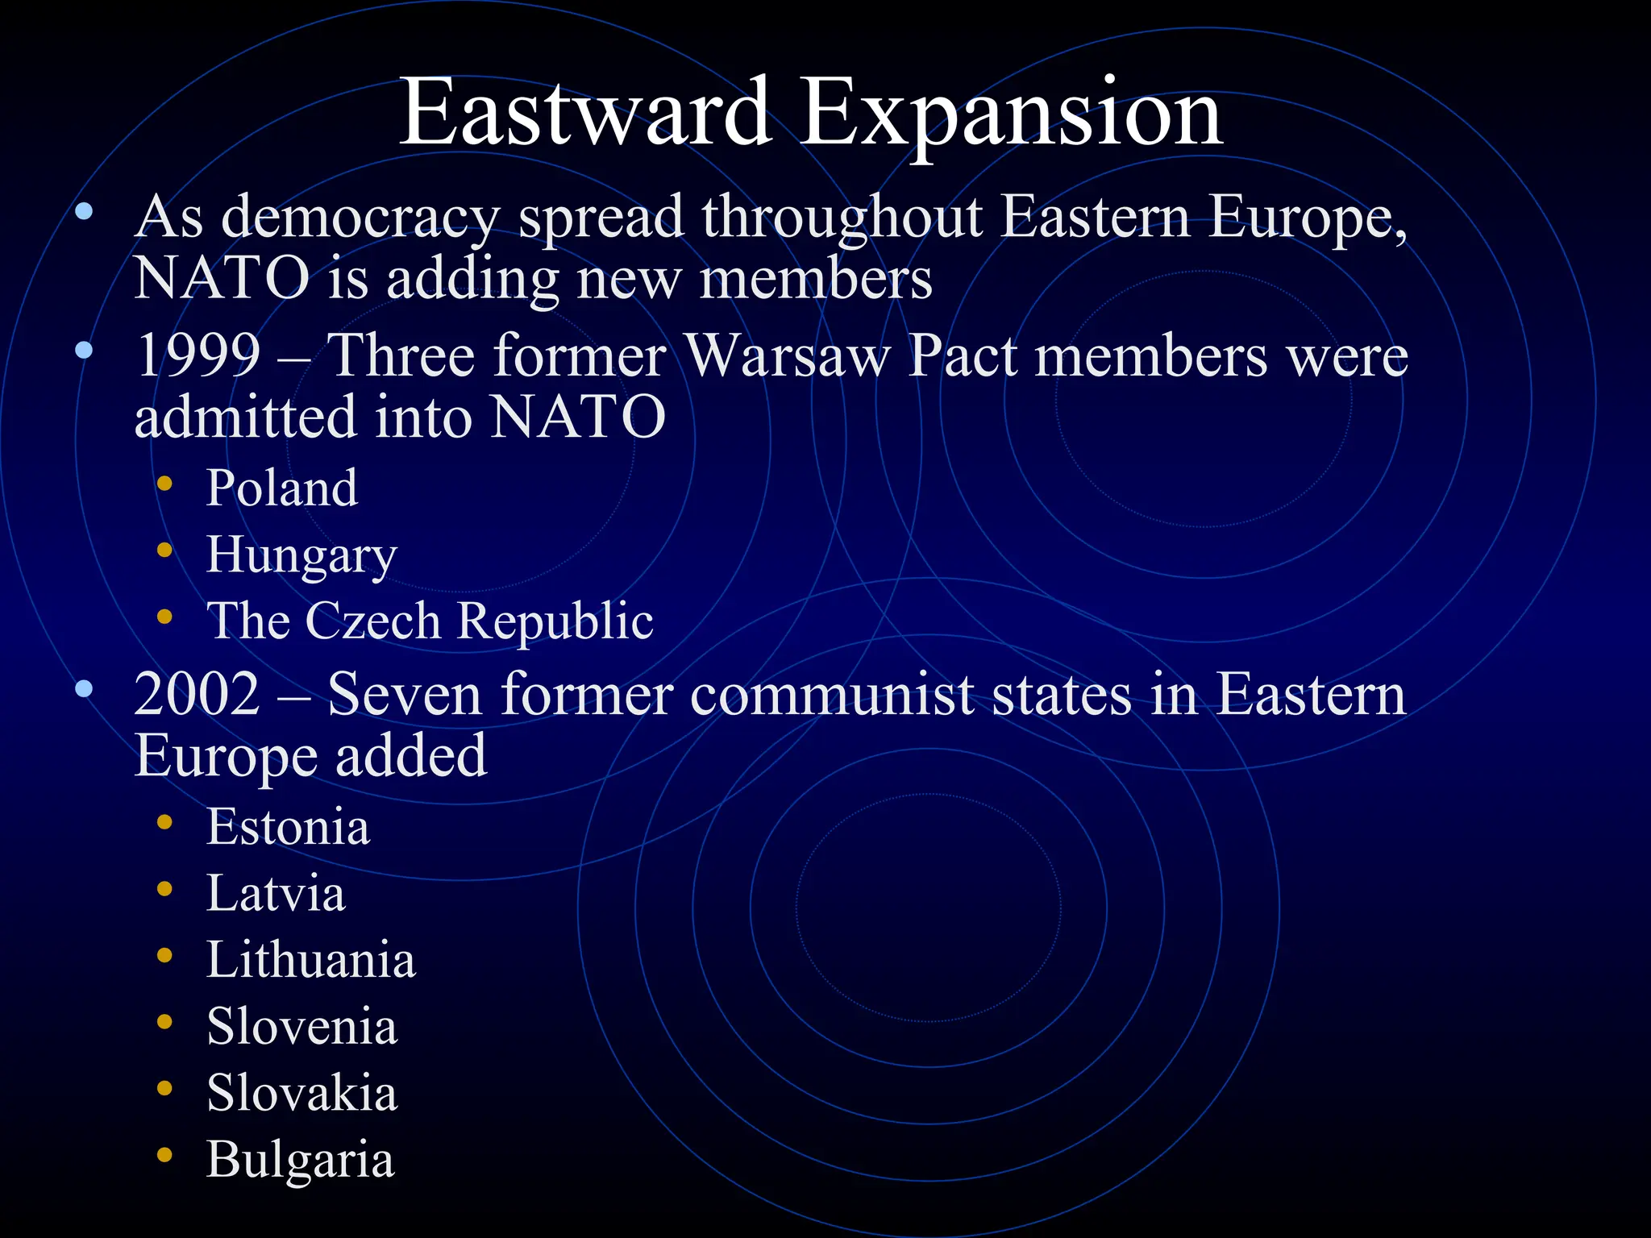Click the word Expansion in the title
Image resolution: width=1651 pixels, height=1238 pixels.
click(x=1011, y=113)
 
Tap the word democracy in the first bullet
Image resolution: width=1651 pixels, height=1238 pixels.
click(x=360, y=218)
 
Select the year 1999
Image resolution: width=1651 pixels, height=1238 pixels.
click(x=198, y=355)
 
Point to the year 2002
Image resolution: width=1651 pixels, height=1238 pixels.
click(x=198, y=694)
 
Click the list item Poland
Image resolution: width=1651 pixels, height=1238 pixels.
click(x=282, y=488)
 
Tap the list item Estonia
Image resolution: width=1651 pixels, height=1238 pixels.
click(x=288, y=827)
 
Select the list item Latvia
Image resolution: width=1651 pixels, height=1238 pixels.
click(x=276, y=894)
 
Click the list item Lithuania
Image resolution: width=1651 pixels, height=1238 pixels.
click(x=311, y=960)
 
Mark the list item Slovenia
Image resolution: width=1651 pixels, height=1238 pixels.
click(x=302, y=1027)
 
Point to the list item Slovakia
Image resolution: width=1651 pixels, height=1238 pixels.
click(x=302, y=1094)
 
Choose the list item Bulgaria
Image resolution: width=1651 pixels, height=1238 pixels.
click(x=300, y=1161)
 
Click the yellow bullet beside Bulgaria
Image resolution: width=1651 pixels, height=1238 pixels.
click(x=165, y=1155)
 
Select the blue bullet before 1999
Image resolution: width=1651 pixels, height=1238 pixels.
click(x=84, y=351)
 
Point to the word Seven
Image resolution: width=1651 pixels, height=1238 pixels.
click(x=405, y=694)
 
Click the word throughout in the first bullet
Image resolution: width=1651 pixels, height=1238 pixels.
click(x=842, y=218)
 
